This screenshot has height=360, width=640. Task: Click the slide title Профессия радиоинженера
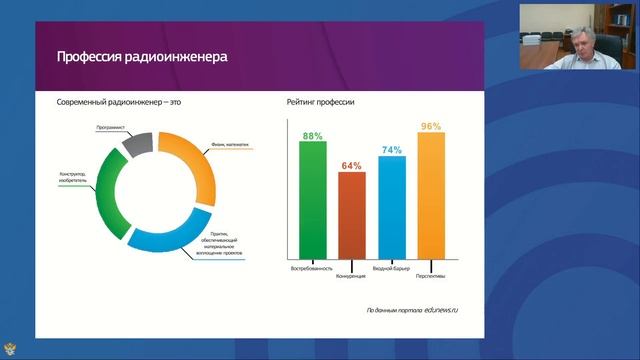(x=142, y=57)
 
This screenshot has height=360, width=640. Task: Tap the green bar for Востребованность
(x=312, y=201)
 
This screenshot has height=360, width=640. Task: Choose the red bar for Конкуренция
(x=351, y=216)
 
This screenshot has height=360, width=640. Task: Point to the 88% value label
(x=312, y=135)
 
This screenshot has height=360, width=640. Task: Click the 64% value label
(x=351, y=165)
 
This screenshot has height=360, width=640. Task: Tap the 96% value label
(x=431, y=126)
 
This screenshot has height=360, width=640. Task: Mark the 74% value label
(x=391, y=150)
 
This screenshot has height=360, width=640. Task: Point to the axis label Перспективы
(x=432, y=273)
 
